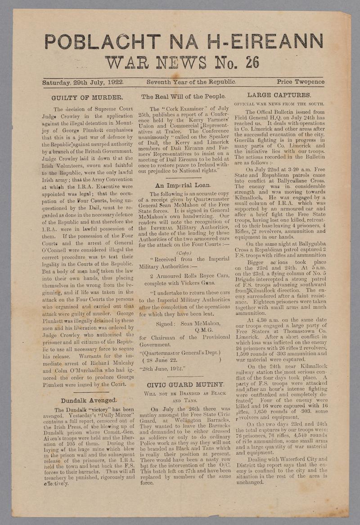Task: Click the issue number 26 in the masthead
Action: tap(252, 62)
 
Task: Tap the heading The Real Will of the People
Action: tap(183, 96)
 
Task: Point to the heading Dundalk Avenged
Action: tap(89, 400)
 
